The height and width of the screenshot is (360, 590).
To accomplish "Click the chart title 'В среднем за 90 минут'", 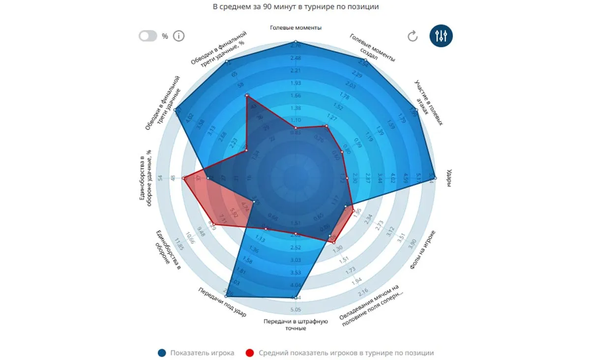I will [295, 7].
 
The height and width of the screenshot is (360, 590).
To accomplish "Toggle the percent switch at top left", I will [147, 36].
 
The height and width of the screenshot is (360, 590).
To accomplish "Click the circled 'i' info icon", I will [178, 36].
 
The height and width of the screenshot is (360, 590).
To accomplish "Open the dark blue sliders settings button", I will [441, 36].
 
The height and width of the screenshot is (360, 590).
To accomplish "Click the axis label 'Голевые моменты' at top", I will [295, 28].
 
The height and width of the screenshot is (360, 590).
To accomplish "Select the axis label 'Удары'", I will [449, 180].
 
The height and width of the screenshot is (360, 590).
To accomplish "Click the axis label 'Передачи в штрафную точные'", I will [295, 325].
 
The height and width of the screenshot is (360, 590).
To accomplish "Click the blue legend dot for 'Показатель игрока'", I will [161, 353].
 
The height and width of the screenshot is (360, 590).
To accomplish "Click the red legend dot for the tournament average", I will [250, 353].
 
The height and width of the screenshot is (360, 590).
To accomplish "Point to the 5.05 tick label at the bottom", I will [295, 310].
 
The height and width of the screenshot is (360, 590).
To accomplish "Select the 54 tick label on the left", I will [159, 178].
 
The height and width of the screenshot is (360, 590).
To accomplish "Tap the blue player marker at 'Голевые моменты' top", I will [295, 42].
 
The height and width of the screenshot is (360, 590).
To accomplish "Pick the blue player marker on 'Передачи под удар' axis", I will [227, 295].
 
